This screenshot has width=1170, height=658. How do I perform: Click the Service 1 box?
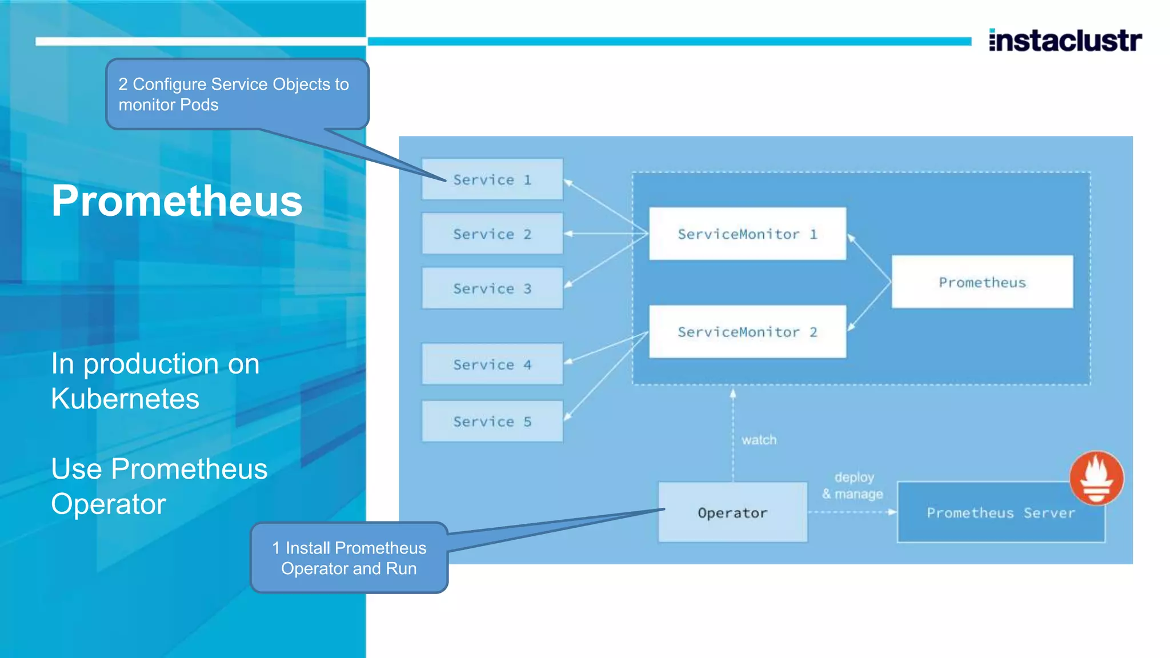492,179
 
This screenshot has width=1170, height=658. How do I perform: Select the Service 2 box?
492,234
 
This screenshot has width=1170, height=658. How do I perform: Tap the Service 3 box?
492,288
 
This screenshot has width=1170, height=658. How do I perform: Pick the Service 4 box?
492,364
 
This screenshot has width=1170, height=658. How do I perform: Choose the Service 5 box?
492,422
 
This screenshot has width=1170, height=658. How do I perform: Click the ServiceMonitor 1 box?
747,234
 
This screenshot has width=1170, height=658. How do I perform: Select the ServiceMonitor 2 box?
747,332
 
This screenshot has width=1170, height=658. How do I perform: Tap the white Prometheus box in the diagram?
982,282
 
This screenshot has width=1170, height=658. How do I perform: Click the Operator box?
732,512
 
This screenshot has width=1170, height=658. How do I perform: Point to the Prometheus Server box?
1000,513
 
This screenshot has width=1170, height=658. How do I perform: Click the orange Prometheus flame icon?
1096,478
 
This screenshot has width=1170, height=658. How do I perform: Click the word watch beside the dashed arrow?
759,440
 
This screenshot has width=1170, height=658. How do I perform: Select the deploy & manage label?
853,486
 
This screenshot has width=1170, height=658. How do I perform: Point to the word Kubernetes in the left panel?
125,399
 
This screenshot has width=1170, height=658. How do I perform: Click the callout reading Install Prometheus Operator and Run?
349,558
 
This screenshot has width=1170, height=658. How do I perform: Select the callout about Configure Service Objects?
237,94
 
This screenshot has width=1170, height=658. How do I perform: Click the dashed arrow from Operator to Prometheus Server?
852,512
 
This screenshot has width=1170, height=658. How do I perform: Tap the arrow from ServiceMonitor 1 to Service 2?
606,234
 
